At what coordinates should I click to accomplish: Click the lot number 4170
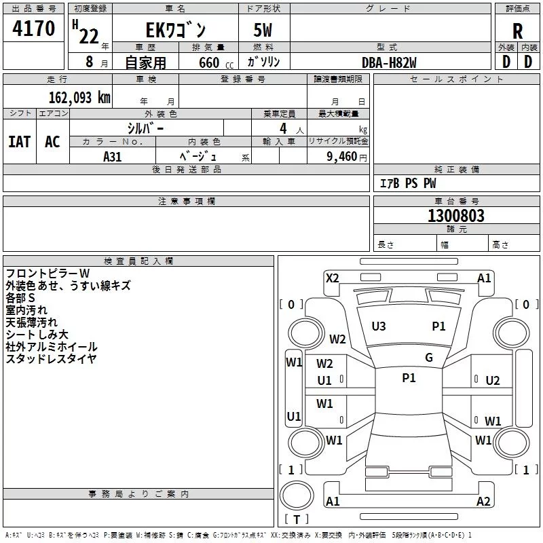click(x=33, y=28)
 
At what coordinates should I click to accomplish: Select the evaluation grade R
click(x=517, y=31)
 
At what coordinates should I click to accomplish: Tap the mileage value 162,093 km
click(x=79, y=98)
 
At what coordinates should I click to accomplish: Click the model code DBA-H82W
click(x=389, y=62)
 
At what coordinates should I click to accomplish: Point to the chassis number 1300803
click(x=456, y=216)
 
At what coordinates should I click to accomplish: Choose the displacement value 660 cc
click(x=216, y=63)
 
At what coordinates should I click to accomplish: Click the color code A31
click(x=112, y=157)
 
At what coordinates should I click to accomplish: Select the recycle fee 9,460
click(x=341, y=157)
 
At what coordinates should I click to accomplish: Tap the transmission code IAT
click(x=20, y=142)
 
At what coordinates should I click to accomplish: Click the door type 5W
click(x=263, y=30)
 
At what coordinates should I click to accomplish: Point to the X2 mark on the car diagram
click(x=333, y=278)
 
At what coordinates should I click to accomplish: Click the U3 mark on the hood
click(x=379, y=326)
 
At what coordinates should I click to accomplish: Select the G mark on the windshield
click(x=429, y=357)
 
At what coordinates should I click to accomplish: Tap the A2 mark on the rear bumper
click(x=483, y=501)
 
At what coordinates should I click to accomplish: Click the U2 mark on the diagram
click(x=493, y=381)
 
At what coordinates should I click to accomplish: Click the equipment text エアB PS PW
click(x=408, y=183)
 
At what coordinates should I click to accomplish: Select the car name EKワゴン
click(x=176, y=30)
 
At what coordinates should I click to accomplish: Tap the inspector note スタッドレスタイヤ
click(x=51, y=359)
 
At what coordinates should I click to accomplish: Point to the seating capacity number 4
click(x=283, y=128)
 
